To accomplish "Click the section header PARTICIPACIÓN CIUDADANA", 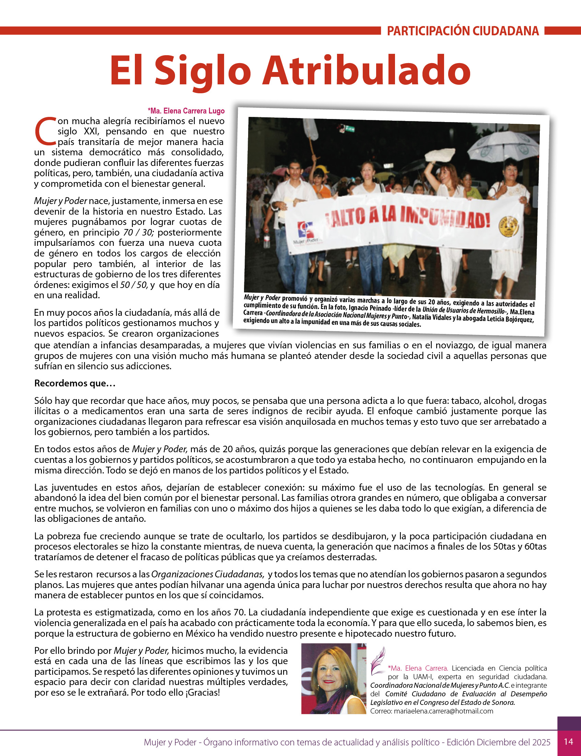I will (x=463, y=31).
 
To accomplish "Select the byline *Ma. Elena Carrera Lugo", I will (x=186, y=111).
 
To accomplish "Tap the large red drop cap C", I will (x=45, y=131).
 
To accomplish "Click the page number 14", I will (x=569, y=742).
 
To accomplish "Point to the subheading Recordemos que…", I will (x=75, y=383).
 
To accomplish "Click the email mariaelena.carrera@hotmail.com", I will (x=443, y=711).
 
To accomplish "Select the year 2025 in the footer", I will (x=541, y=742).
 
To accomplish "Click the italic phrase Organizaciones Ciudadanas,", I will (x=208, y=574).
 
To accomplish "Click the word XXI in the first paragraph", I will (x=91, y=131).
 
